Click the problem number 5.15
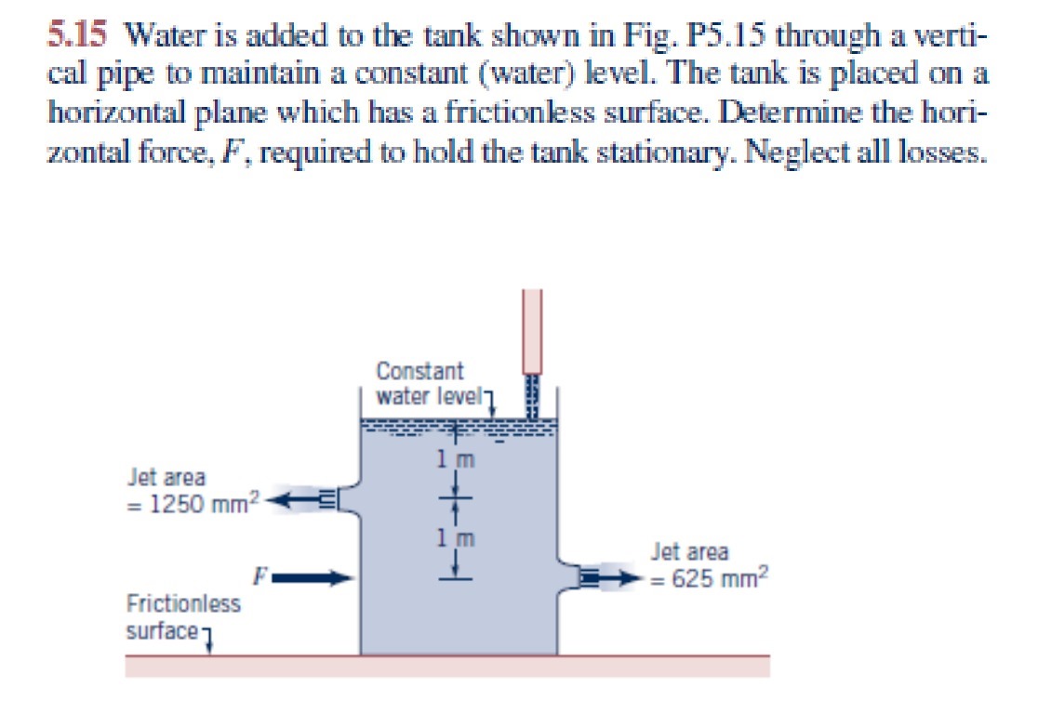[x=81, y=38]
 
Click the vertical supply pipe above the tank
[x=532, y=330]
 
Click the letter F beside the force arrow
[x=261, y=573]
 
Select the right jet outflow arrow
[x=619, y=577]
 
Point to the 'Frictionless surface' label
[x=182, y=616]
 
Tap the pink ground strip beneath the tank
[x=446, y=666]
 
